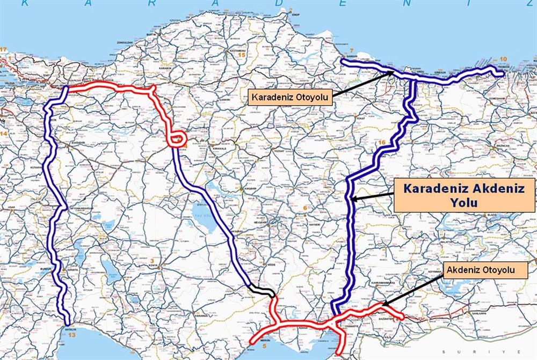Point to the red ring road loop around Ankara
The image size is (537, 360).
click(x=175, y=138)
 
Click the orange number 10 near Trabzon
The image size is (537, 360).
click(x=503, y=59)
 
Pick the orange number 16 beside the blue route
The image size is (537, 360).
click(x=382, y=142)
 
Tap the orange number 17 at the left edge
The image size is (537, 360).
click(x=4, y=50)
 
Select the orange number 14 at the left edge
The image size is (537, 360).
click(x=4, y=132)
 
